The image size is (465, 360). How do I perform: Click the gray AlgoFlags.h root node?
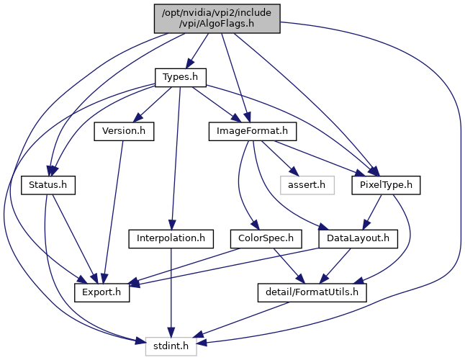[217, 19]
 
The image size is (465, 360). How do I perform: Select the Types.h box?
[180, 78]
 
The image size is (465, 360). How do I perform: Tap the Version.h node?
[124, 131]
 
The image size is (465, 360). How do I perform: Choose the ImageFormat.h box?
[253, 131]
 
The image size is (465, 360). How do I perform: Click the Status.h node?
[48, 185]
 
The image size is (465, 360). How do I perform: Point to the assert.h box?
[307, 185]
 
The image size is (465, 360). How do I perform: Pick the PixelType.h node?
[386, 185]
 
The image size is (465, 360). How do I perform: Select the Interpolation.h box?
[171, 239]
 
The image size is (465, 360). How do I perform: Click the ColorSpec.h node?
[266, 239]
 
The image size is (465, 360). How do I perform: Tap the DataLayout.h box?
[358, 239]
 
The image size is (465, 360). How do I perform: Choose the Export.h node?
[101, 293]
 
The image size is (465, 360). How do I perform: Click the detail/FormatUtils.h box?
[312, 293]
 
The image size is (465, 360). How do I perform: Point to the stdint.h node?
[171, 346]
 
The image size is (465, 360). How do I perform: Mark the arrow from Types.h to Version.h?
[152, 104]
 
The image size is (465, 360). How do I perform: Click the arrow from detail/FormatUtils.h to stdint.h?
[241, 320]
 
